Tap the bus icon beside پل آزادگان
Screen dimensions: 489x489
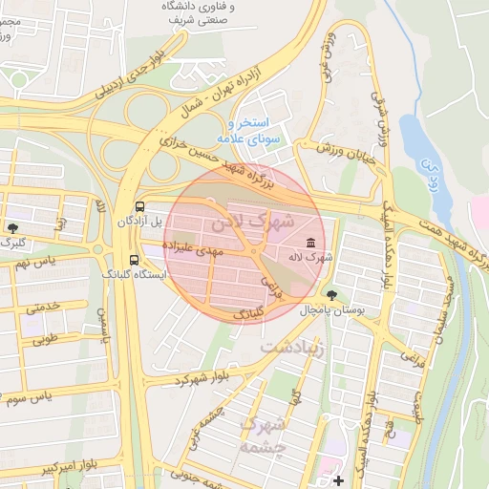click(140, 205)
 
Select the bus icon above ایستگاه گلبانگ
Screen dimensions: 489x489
click(134, 259)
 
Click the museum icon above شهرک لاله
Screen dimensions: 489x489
click(310, 243)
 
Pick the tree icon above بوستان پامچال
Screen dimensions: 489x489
click(331, 295)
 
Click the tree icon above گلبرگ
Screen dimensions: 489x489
click(12, 227)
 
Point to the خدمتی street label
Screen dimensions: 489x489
click(44, 307)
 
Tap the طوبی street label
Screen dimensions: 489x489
click(45, 336)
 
